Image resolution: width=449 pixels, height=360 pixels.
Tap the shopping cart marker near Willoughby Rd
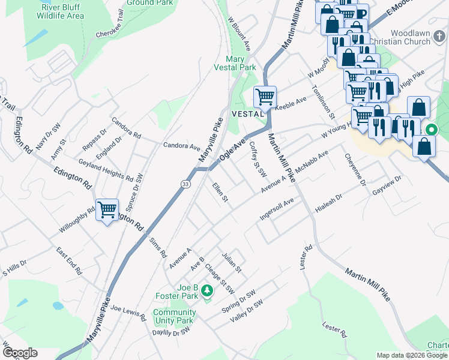(x=107, y=210)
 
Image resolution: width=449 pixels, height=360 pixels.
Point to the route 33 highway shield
(x=186, y=184)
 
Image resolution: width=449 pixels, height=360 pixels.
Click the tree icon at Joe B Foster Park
(x=207, y=290)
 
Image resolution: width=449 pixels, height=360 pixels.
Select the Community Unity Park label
(x=173, y=316)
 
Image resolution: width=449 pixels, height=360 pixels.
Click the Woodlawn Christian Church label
(x=410, y=38)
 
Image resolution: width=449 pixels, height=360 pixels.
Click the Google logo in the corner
(x=19, y=353)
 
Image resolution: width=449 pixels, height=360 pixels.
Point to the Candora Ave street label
(x=182, y=146)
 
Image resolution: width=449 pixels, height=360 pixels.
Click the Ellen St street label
(x=220, y=192)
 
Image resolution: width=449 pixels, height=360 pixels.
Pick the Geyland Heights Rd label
(x=106, y=170)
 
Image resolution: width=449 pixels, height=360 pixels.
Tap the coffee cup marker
(x=361, y=13)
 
